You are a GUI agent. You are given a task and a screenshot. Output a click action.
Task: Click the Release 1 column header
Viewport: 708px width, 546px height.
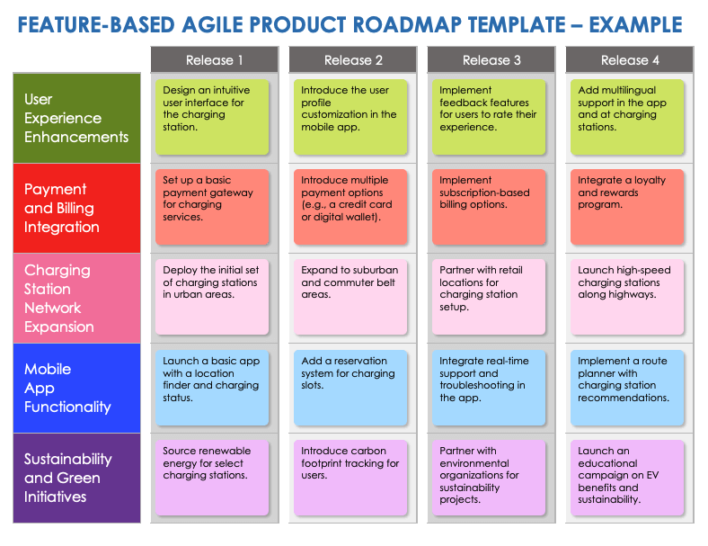214,60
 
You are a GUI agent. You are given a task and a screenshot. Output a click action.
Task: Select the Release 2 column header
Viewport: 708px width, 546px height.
352,60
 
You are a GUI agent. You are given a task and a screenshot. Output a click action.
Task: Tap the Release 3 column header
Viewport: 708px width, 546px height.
491,60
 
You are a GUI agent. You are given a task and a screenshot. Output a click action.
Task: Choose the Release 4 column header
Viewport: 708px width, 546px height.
629,60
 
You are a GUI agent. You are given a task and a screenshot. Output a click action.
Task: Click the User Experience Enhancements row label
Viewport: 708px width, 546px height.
76,118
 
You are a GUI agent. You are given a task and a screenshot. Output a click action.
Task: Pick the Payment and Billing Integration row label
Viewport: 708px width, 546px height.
76,208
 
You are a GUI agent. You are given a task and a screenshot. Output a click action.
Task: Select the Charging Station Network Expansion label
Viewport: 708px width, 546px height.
76,298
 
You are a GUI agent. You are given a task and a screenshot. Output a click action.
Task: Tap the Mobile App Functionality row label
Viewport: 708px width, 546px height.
76,388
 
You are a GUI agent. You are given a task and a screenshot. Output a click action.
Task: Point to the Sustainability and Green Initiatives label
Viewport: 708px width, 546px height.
76,478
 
